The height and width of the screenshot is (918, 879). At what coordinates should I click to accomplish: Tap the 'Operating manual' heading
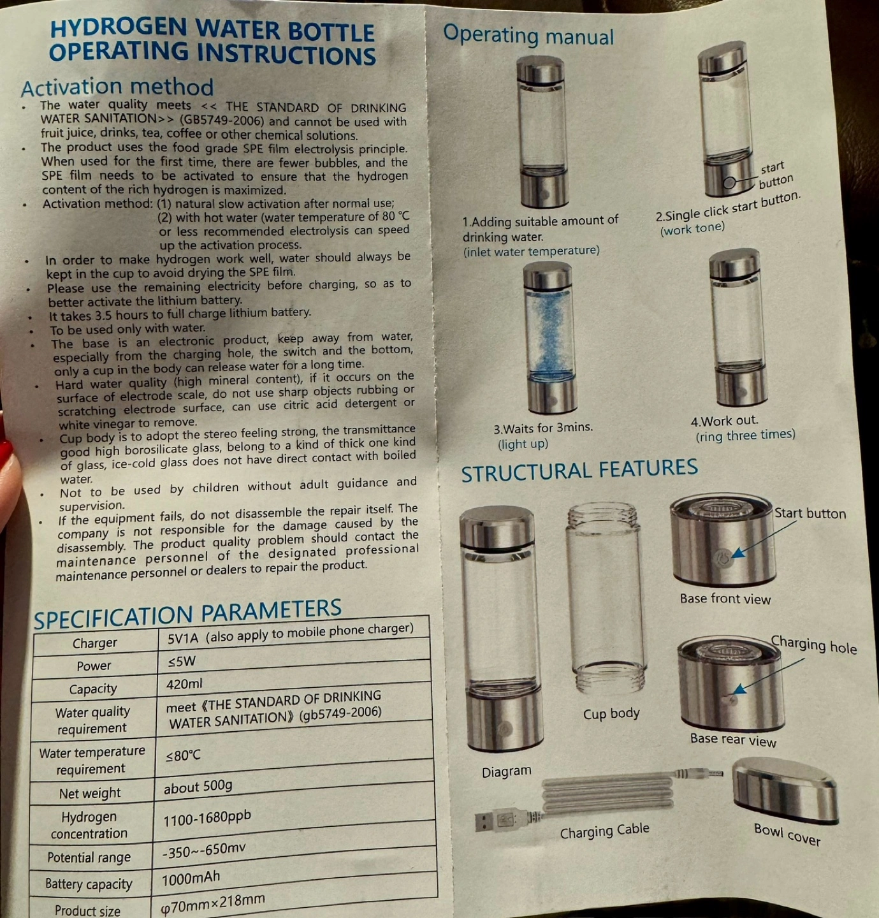pyautogui.click(x=528, y=35)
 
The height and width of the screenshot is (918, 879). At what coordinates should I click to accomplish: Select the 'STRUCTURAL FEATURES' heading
pyautogui.click(x=579, y=470)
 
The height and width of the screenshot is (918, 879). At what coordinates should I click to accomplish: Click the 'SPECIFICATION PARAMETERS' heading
pyautogui.click(x=187, y=613)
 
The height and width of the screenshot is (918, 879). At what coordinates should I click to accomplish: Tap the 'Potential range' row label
pyautogui.click(x=89, y=857)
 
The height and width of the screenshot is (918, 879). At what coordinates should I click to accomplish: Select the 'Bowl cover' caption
pyautogui.click(x=787, y=834)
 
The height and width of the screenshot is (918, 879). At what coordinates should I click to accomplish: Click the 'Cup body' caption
pyautogui.click(x=611, y=713)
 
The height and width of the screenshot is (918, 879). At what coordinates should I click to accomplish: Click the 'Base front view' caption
pyautogui.click(x=725, y=599)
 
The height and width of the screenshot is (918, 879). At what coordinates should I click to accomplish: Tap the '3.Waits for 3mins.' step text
pyautogui.click(x=543, y=428)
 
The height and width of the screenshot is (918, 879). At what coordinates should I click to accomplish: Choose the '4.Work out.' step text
pyautogui.click(x=724, y=421)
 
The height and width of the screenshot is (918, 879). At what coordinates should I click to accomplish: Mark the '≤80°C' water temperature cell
pyautogui.click(x=183, y=755)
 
